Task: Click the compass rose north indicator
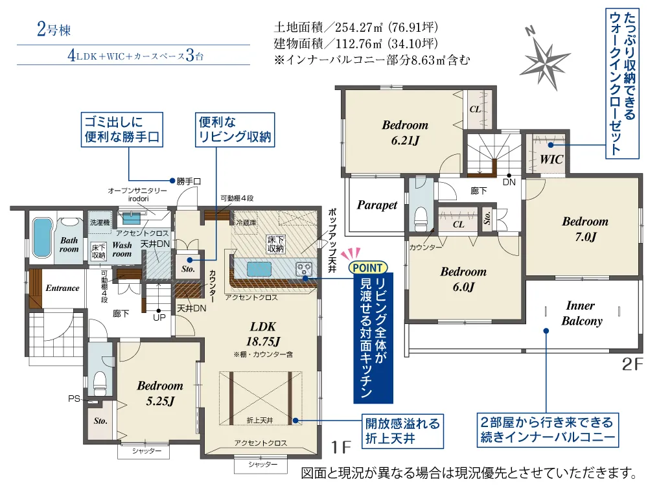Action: pyautogui.click(x=545, y=59)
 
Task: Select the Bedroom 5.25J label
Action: pyautogui.click(x=160, y=393)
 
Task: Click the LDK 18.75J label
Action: pyautogui.click(x=263, y=334)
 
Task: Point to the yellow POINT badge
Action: pyautogui.click(x=368, y=268)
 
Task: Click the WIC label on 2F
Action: pyautogui.click(x=551, y=159)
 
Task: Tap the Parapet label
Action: pyautogui.click(x=377, y=205)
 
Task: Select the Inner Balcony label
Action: pyautogui.click(x=581, y=313)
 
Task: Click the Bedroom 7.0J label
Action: pyautogui.click(x=585, y=229)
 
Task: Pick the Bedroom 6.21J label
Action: pyautogui.click(x=405, y=133)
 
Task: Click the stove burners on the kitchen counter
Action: pyautogui.click(x=304, y=270)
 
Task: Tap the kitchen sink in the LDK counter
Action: pyautogui.click(x=259, y=269)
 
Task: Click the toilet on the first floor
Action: pyautogui.click(x=100, y=384)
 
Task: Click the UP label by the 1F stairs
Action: pyautogui.click(x=159, y=318)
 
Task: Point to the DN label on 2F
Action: pyautogui.click(x=509, y=182)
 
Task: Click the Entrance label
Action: pyautogui.click(x=62, y=288)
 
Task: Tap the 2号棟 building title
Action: pyautogui.click(x=54, y=29)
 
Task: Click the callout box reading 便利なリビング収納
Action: pyautogui.click(x=235, y=130)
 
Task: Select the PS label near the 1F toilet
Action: pyautogui.click(x=75, y=399)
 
